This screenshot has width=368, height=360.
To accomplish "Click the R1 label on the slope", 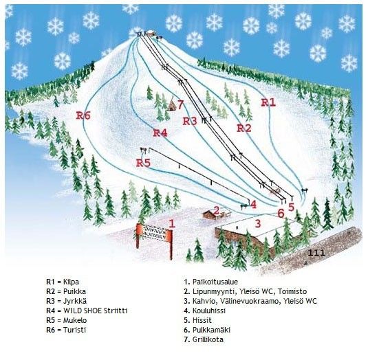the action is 268,102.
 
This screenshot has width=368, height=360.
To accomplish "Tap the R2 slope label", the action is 244,128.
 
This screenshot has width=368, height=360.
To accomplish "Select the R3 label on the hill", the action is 191,121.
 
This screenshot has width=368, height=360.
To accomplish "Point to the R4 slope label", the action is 160,133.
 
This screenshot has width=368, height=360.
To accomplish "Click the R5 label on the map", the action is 143,163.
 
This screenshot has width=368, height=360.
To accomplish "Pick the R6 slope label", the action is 83,115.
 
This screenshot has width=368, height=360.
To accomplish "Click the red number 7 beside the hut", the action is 180,104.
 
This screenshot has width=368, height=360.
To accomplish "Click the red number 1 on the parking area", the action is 172,222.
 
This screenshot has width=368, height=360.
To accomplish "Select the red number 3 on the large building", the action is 258,222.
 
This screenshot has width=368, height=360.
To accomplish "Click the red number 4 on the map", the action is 253,204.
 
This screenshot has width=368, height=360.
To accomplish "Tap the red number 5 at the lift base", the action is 291,205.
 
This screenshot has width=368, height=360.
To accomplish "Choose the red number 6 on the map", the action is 280,213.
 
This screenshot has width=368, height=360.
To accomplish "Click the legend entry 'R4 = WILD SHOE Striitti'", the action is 87,311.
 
